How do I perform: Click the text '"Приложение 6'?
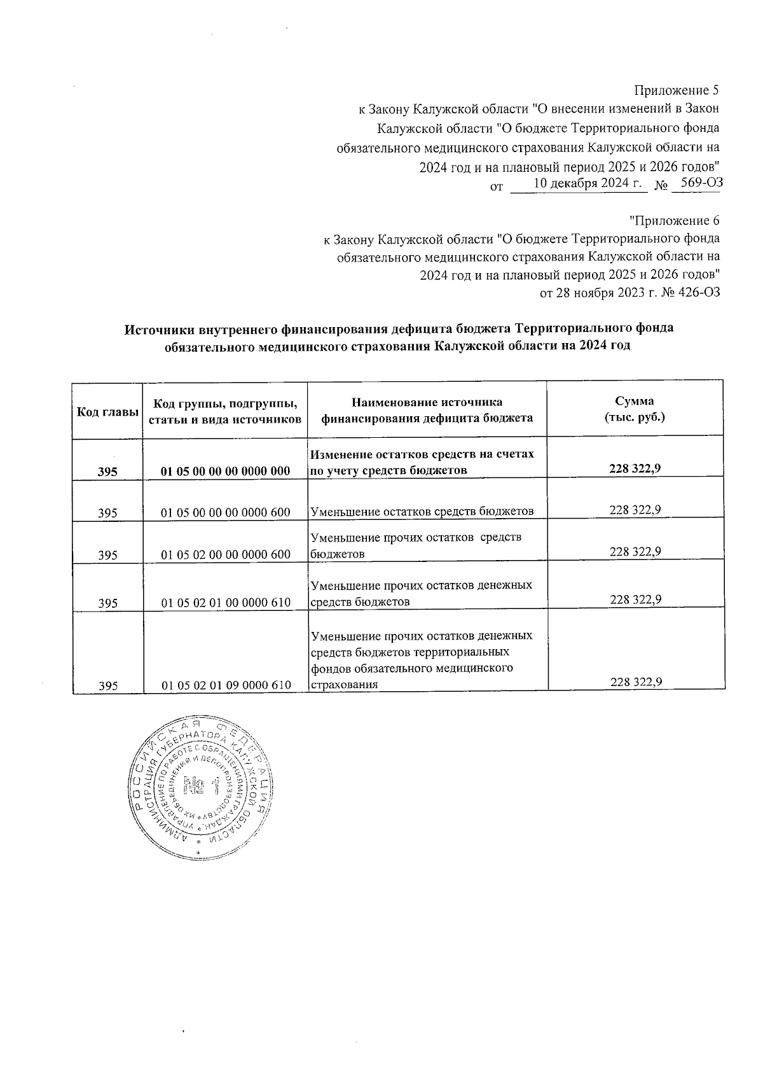click(674, 221)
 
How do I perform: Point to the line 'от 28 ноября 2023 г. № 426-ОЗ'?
click(629, 293)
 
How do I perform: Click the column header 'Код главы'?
click(107, 412)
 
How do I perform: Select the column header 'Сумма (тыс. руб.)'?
click(634, 410)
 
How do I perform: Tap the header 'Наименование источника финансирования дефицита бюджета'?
click(427, 410)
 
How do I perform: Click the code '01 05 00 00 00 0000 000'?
click(226, 472)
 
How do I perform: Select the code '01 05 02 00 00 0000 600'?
click(226, 555)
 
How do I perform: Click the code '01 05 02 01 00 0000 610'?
click(226, 603)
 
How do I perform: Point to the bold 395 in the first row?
click(107, 472)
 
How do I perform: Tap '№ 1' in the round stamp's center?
click(201, 788)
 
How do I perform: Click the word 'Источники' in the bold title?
click(160, 330)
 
